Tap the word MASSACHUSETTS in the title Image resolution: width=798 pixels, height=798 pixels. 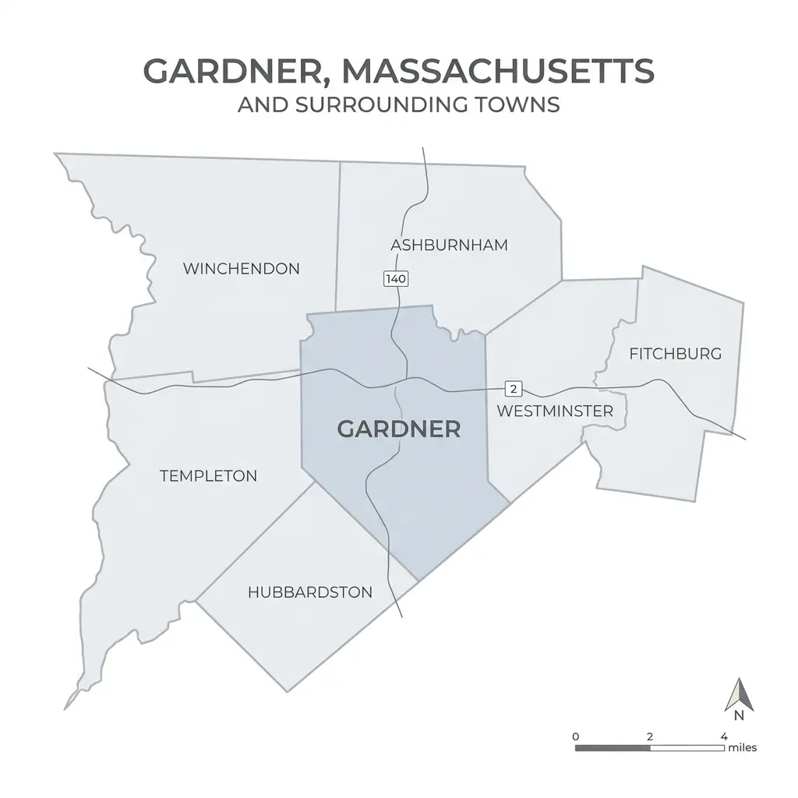pyautogui.click(x=497, y=72)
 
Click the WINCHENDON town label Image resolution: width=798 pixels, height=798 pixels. pyautogui.click(x=241, y=269)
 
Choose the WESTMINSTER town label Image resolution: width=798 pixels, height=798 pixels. pyautogui.click(x=555, y=411)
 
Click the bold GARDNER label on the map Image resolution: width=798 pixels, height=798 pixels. pyautogui.click(x=398, y=429)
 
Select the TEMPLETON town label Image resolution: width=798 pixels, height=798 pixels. pyautogui.click(x=208, y=475)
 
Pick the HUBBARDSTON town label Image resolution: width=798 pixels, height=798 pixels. pyautogui.click(x=310, y=592)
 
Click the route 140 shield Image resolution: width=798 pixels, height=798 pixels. pyautogui.click(x=396, y=278)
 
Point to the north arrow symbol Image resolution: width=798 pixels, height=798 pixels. pyautogui.click(x=737, y=694)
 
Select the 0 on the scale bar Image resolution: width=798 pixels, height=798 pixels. pyautogui.click(x=575, y=736)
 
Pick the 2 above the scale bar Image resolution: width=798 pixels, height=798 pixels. pyautogui.click(x=649, y=736)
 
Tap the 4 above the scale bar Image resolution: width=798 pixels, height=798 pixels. pyautogui.click(x=724, y=736)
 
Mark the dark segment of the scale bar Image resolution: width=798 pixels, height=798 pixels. pyautogui.click(x=613, y=748)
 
